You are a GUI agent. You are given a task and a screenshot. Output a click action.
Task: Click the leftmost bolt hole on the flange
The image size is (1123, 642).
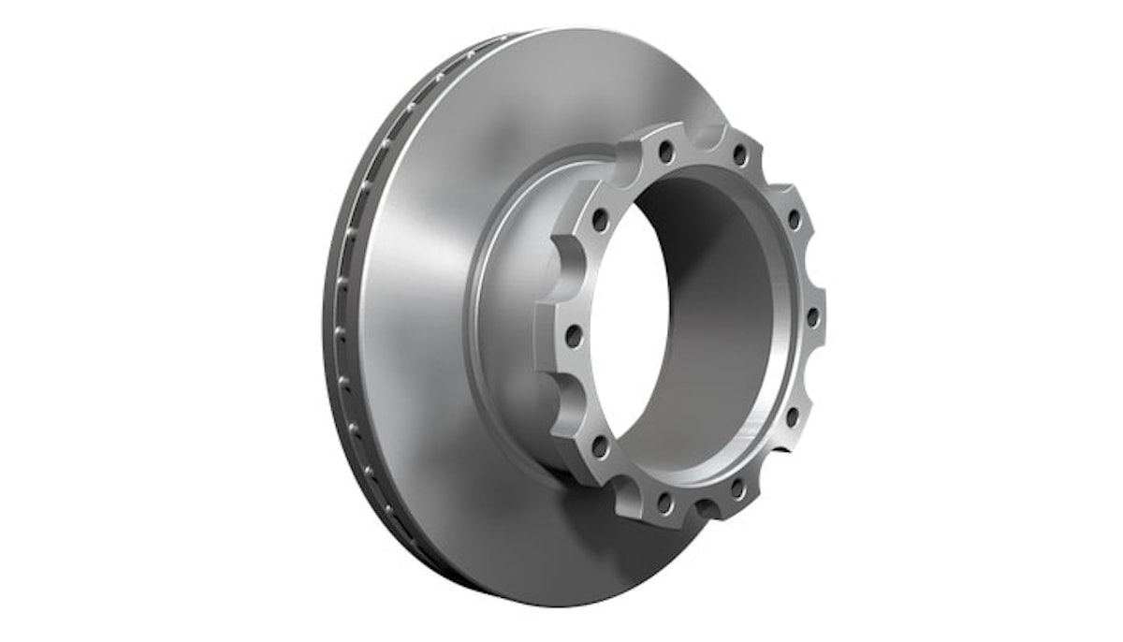(574, 333)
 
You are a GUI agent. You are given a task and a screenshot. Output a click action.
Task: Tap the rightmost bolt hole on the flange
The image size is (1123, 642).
(812, 316)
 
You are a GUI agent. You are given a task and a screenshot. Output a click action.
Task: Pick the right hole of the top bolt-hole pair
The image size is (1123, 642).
(738, 153)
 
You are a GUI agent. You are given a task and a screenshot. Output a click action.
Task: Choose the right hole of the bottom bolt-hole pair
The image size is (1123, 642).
(737, 488)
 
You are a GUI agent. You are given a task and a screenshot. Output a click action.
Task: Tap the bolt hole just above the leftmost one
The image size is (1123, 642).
(600, 221)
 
